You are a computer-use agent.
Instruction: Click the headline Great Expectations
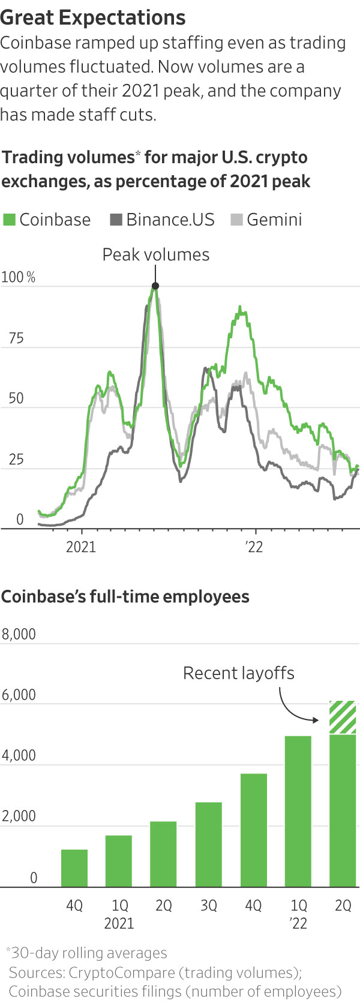click(x=93, y=17)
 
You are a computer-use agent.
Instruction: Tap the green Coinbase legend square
click(x=9, y=220)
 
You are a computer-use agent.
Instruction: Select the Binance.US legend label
click(x=170, y=220)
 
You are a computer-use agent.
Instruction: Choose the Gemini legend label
click(x=274, y=220)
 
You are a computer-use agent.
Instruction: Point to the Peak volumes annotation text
click(x=156, y=254)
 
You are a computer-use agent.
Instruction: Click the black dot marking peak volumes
click(x=155, y=286)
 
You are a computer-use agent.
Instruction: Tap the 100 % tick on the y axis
click(x=19, y=278)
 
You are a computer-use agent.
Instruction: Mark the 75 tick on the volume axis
click(x=16, y=338)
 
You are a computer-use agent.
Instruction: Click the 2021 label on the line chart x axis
click(x=81, y=547)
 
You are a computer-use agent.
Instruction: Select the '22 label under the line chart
click(x=254, y=547)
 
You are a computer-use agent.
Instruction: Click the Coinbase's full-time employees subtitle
click(x=125, y=597)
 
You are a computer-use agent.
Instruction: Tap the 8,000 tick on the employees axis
click(x=19, y=634)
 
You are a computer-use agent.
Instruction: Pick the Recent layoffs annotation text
click(x=239, y=673)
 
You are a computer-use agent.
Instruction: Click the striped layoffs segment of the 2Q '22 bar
click(x=343, y=717)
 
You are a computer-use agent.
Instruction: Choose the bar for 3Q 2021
click(x=208, y=844)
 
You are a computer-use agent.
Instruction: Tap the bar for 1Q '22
click(x=298, y=811)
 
